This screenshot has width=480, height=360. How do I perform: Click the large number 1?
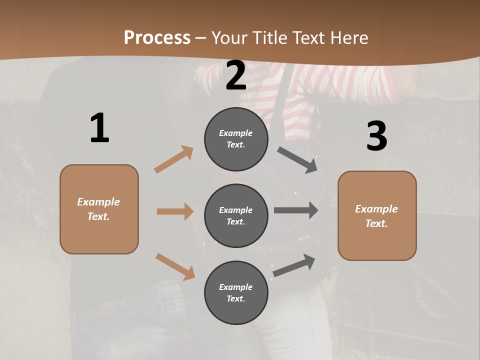pos(99,128)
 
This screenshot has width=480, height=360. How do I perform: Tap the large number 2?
pos(236,75)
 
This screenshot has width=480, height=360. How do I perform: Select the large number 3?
pos(376,136)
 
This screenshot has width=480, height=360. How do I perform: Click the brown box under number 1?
pos(99,209)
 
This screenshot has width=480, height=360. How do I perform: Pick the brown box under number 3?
pos(377,216)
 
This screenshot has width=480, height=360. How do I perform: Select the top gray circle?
pos(236,139)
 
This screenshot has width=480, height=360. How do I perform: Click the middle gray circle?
pos(236,215)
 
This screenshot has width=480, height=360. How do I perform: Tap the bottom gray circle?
pos(236,292)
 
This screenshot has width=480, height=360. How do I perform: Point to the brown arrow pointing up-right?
pos(174,159)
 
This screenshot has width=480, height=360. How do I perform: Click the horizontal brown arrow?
pos(175,211)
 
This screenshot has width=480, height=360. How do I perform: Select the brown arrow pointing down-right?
pos(175,266)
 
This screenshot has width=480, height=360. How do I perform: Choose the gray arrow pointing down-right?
pos(297,160)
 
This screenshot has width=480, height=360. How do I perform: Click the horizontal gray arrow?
pos(296,210)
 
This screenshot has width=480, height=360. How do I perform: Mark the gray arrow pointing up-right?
pos(294,265)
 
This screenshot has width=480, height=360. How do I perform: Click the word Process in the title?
pos(157,37)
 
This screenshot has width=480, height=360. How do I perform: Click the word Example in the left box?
pos(98,202)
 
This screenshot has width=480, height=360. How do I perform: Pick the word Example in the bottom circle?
pos(236,287)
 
